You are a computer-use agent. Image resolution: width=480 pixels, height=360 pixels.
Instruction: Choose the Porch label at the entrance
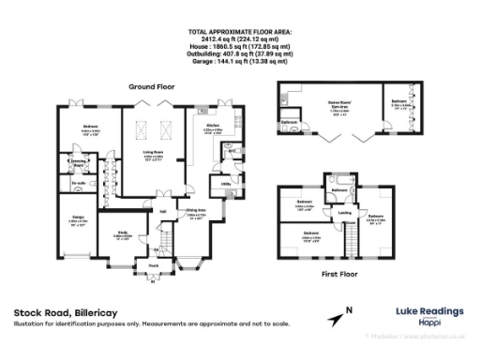(x=152, y=264)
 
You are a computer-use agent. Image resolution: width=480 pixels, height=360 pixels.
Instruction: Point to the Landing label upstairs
(x=345, y=212)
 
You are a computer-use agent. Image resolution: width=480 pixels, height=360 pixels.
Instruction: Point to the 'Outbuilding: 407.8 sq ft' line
(x=239, y=52)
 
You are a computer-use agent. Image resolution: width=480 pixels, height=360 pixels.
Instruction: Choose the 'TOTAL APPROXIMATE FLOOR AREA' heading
(x=239, y=32)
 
